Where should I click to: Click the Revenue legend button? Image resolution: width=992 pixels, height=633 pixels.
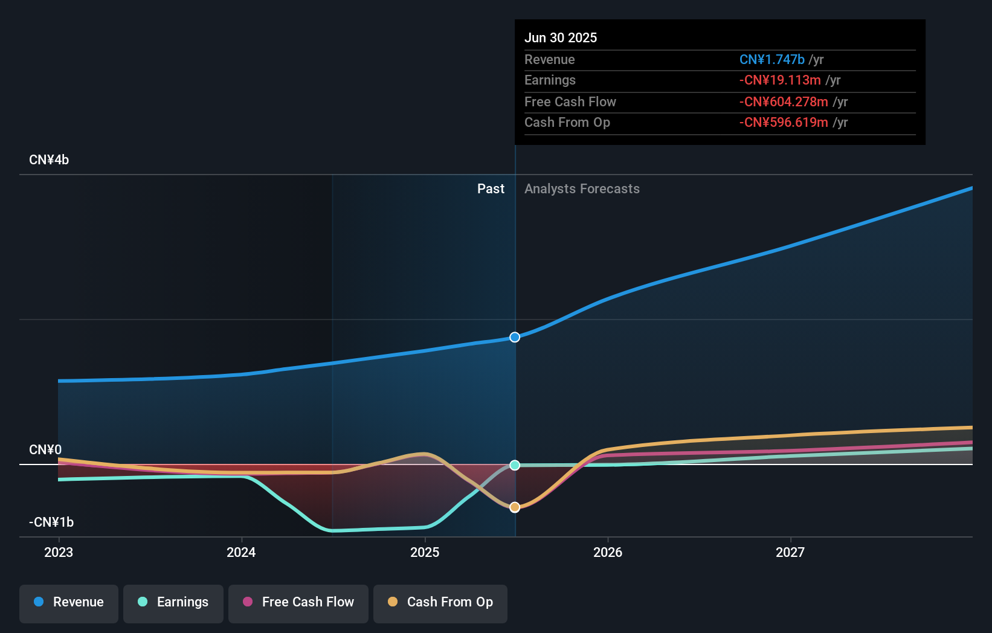[x=69, y=602]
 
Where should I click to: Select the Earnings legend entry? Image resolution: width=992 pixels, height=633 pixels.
[x=173, y=602]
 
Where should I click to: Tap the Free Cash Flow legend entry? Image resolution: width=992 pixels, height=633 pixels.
[x=298, y=602]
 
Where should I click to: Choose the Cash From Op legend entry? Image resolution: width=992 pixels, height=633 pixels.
[x=440, y=602]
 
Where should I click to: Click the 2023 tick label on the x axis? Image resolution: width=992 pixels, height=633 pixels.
[x=59, y=552]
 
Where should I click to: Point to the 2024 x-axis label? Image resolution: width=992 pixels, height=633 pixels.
[x=241, y=552]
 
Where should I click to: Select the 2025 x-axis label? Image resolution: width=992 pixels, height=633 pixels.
[x=425, y=552]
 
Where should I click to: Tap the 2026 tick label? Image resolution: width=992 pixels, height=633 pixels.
[x=608, y=552]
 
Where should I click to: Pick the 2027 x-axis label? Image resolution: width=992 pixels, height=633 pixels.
[x=790, y=552]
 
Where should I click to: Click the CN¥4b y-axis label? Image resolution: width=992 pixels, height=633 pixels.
[x=49, y=160]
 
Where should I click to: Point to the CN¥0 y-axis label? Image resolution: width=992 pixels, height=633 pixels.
[x=45, y=450]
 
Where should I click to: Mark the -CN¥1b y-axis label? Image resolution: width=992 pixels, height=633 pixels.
[x=51, y=522]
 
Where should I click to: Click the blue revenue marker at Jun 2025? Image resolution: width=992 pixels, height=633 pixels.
[x=515, y=337]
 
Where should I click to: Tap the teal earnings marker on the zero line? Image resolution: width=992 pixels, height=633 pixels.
[x=515, y=465]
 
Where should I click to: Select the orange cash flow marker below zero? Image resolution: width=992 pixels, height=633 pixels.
[x=515, y=507]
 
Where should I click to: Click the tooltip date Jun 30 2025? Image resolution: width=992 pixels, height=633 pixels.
[x=561, y=37]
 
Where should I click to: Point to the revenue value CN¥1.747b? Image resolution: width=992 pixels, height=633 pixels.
[x=771, y=59]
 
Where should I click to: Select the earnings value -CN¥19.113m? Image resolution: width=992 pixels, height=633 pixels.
[x=780, y=80]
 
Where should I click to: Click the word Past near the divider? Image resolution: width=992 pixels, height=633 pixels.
[x=491, y=189]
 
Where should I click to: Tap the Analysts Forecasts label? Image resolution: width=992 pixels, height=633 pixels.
[x=582, y=189]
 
